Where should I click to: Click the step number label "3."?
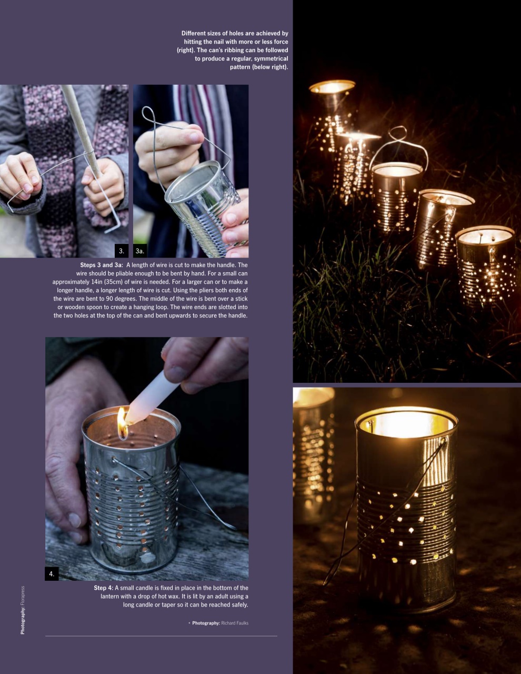click(x=122, y=251)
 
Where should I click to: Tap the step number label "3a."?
click(x=140, y=251)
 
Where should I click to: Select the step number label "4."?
click(x=52, y=574)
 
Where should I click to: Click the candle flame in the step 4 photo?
click(x=122, y=422)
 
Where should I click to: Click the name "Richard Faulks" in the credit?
click(x=235, y=623)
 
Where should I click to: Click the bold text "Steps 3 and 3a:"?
click(x=102, y=265)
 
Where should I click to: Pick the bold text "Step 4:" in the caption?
click(x=104, y=588)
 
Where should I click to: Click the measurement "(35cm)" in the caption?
click(x=116, y=282)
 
